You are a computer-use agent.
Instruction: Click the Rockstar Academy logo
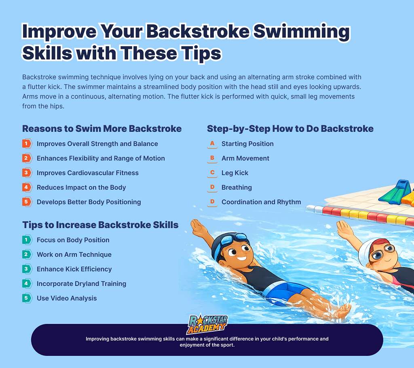coord(207,324)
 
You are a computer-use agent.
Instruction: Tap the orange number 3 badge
coord(27,173)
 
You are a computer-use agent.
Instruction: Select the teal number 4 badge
coord(27,283)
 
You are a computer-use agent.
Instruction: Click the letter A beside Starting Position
coord(212,144)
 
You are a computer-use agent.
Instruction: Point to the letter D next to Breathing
coord(212,187)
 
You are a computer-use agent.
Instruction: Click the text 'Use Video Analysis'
coord(67,298)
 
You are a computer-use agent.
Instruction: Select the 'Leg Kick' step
coord(235,173)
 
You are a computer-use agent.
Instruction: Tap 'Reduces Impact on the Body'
coord(81,187)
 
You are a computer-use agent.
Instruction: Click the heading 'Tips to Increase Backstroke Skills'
coord(100,225)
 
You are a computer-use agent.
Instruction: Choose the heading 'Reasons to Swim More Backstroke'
coord(102,129)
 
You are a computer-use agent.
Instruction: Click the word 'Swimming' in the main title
coord(302,32)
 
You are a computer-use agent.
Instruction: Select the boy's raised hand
coord(198,227)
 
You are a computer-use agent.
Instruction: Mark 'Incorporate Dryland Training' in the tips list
coord(81,283)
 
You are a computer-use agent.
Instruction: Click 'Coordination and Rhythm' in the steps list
coord(261,202)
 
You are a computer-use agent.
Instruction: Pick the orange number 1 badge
coord(27,144)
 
